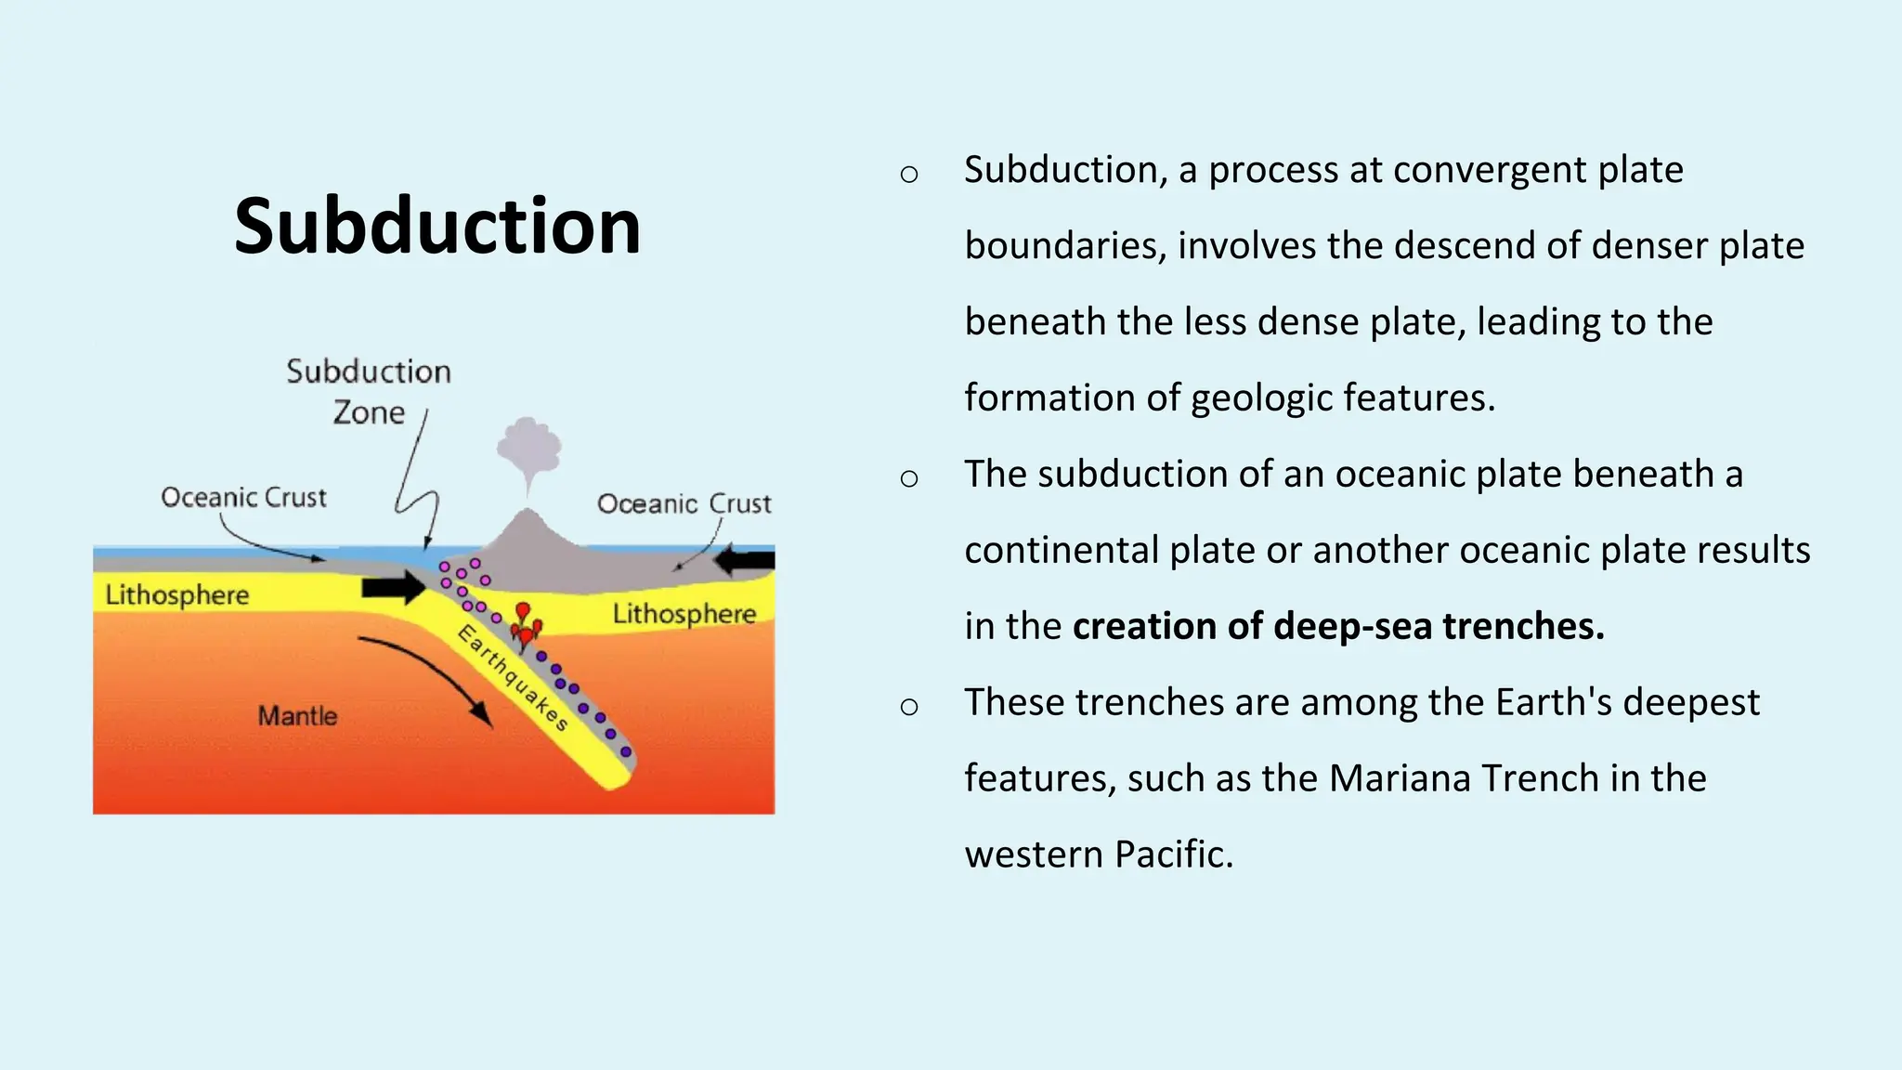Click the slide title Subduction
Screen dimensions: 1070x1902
(436, 227)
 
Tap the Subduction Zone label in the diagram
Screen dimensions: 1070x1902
(368, 391)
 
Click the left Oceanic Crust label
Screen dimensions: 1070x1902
(243, 498)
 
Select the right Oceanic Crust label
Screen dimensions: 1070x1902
(684, 504)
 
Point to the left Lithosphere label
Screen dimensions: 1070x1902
(176, 595)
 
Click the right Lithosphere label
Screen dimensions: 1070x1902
(684, 614)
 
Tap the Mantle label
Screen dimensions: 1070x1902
(297, 716)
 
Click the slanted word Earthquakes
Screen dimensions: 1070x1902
(513, 678)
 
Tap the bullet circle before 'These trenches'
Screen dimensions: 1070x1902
(909, 707)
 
